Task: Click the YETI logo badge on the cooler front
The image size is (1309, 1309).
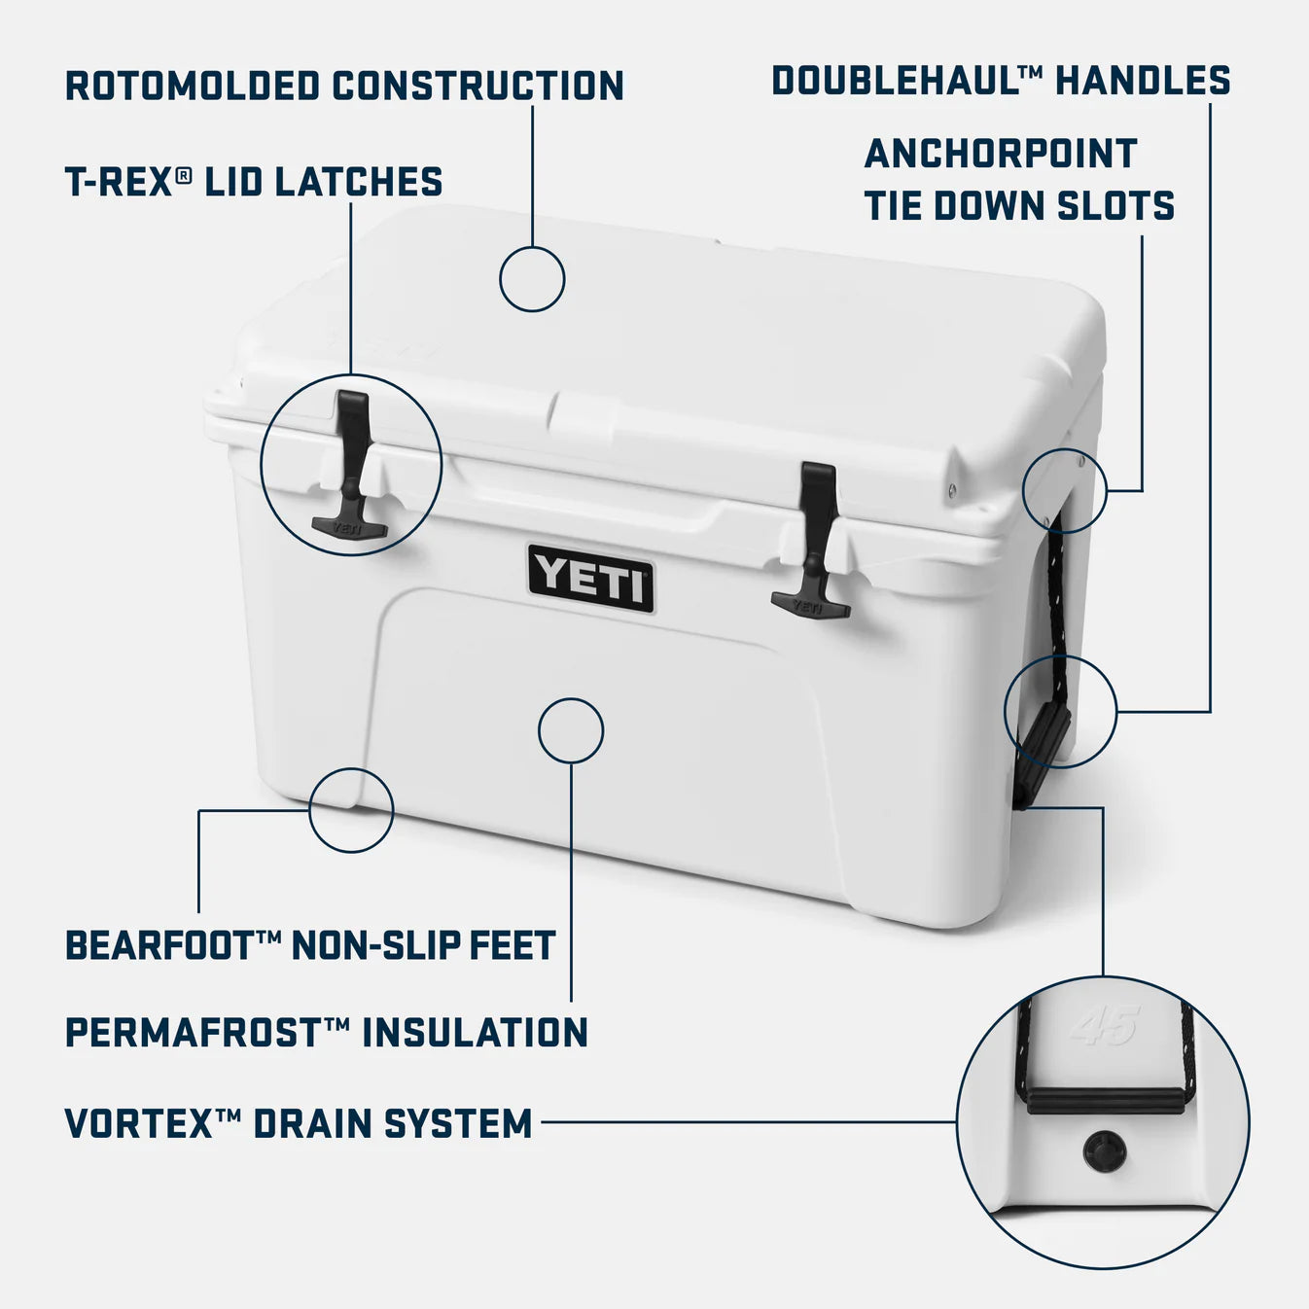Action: (590, 578)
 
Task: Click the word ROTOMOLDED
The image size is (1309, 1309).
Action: (192, 86)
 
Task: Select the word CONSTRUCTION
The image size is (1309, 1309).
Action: (478, 86)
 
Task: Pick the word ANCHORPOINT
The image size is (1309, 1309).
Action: (1000, 154)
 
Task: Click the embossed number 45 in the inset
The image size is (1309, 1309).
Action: (1105, 1027)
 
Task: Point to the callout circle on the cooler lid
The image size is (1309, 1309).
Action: (532, 279)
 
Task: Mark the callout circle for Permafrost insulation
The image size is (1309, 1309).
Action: (571, 730)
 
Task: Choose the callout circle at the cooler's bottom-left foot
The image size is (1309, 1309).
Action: (351, 809)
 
